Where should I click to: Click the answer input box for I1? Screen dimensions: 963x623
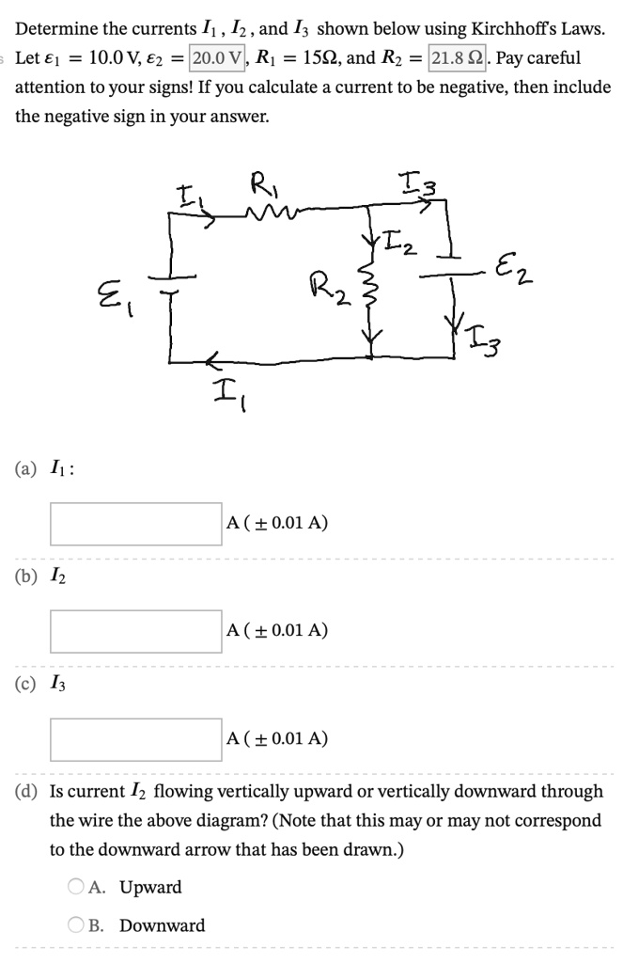click(x=135, y=523)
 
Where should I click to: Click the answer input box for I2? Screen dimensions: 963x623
click(x=135, y=631)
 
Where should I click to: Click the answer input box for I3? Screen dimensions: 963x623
click(x=135, y=739)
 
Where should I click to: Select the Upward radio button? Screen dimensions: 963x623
click(x=76, y=887)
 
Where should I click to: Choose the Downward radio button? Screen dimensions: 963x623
click(x=76, y=925)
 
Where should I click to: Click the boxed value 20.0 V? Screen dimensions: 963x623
click(x=218, y=57)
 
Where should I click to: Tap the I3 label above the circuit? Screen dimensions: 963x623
click(x=414, y=184)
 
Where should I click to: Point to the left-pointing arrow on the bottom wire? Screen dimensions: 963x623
click(x=212, y=358)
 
